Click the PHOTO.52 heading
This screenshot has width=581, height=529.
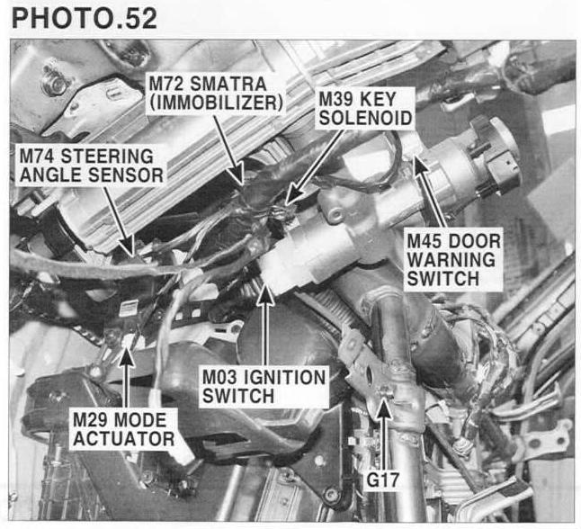pos(85,18)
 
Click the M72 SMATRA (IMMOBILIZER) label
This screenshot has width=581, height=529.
pos(216,94)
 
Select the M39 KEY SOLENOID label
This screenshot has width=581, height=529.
pos(365,109)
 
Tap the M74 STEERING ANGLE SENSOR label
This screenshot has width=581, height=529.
pos(91,166)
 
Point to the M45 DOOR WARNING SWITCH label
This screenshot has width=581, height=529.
pos(453,260)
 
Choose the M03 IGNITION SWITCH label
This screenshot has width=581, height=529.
pos(264,387)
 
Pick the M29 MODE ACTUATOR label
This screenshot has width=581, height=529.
pos(124,429)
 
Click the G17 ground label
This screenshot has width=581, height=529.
pos(382,480)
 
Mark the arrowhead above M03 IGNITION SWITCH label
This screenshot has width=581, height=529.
pos(265,295)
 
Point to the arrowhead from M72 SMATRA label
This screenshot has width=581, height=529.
pos(237,174)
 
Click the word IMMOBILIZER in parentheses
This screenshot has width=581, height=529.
pos(217,103)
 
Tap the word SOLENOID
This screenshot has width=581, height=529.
pos(365,118)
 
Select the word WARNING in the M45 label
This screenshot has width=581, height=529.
pos(451,260)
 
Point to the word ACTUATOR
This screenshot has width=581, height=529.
pos(124,438)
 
